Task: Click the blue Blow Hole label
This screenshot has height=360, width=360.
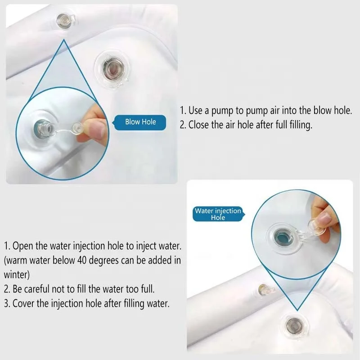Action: [x=140, y=122]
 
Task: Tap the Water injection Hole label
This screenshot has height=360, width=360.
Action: [x=218, y=214]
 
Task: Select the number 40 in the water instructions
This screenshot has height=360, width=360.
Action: [x=81, y=261]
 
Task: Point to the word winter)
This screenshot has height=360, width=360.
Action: [x=17, y=274]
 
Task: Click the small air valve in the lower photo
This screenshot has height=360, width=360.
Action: [x=265, y=289]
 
